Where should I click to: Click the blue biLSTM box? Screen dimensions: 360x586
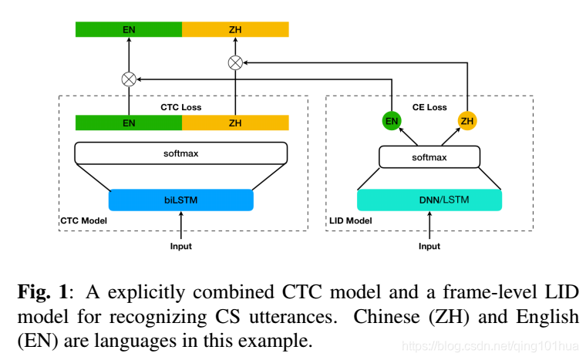coord(180,200)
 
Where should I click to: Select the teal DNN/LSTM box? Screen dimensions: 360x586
coord(429,200)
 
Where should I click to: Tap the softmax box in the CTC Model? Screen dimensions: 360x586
coord(181,153)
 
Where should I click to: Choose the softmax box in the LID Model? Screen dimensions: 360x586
coord(429,157)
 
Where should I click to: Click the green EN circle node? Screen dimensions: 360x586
coord(392,121)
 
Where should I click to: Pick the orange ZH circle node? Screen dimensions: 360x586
coord(467,121)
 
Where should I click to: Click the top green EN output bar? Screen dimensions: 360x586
coord(128,29)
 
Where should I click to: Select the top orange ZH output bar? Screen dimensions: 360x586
coord(235,29)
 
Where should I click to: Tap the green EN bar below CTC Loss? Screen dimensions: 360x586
coord(128,123)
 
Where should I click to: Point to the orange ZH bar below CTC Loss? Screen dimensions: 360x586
coord(235,123)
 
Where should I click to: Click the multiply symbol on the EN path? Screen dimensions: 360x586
coord(129,79)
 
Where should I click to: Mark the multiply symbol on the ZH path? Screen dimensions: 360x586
coord(235,62)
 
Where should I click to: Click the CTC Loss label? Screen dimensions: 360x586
coord(180,107)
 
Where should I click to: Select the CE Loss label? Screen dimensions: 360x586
coord(430,107)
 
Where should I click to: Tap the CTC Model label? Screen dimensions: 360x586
coord(83,221)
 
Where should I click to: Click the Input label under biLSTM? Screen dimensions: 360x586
coord(181,247)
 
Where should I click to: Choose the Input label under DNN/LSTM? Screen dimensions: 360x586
coord(429,247)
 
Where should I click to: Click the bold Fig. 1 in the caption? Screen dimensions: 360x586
coord(40,292)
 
